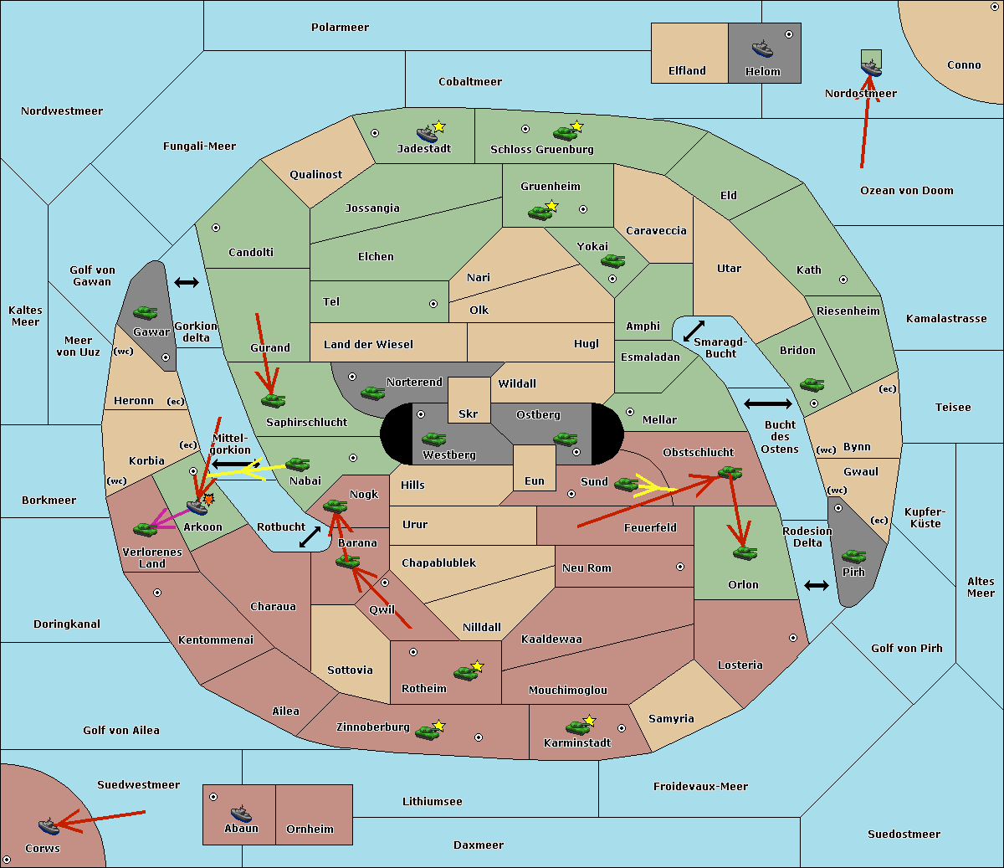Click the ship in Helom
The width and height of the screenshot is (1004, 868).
(762, 49)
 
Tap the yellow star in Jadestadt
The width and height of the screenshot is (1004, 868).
(438, 127)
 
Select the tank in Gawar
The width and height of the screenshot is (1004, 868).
(146, 312)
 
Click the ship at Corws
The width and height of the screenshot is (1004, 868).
(49, 826)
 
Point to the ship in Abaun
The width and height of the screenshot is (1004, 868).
(241, 814)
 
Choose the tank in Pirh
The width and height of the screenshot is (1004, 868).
(853, 556)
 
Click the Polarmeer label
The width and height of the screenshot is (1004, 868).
(340, 28)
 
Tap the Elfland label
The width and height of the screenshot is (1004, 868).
(687, 71)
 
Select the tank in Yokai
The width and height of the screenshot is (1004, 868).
(612, 261)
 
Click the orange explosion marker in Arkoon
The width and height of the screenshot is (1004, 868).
(209, 499)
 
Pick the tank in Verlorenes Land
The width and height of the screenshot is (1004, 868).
(146, 529)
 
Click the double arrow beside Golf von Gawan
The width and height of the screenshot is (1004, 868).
(187, 282)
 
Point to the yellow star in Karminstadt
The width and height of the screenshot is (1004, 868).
(589, 720)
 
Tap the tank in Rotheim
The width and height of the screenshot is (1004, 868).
(466, 673)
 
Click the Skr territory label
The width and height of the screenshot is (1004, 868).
(469, 413)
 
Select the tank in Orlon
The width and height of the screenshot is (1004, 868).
(745, 553)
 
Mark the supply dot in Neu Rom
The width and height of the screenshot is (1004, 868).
(680, 567)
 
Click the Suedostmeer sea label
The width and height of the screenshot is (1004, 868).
(904, 834)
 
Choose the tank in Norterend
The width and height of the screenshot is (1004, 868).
(372, 393)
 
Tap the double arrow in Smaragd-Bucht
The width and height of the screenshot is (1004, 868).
(694, 331)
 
